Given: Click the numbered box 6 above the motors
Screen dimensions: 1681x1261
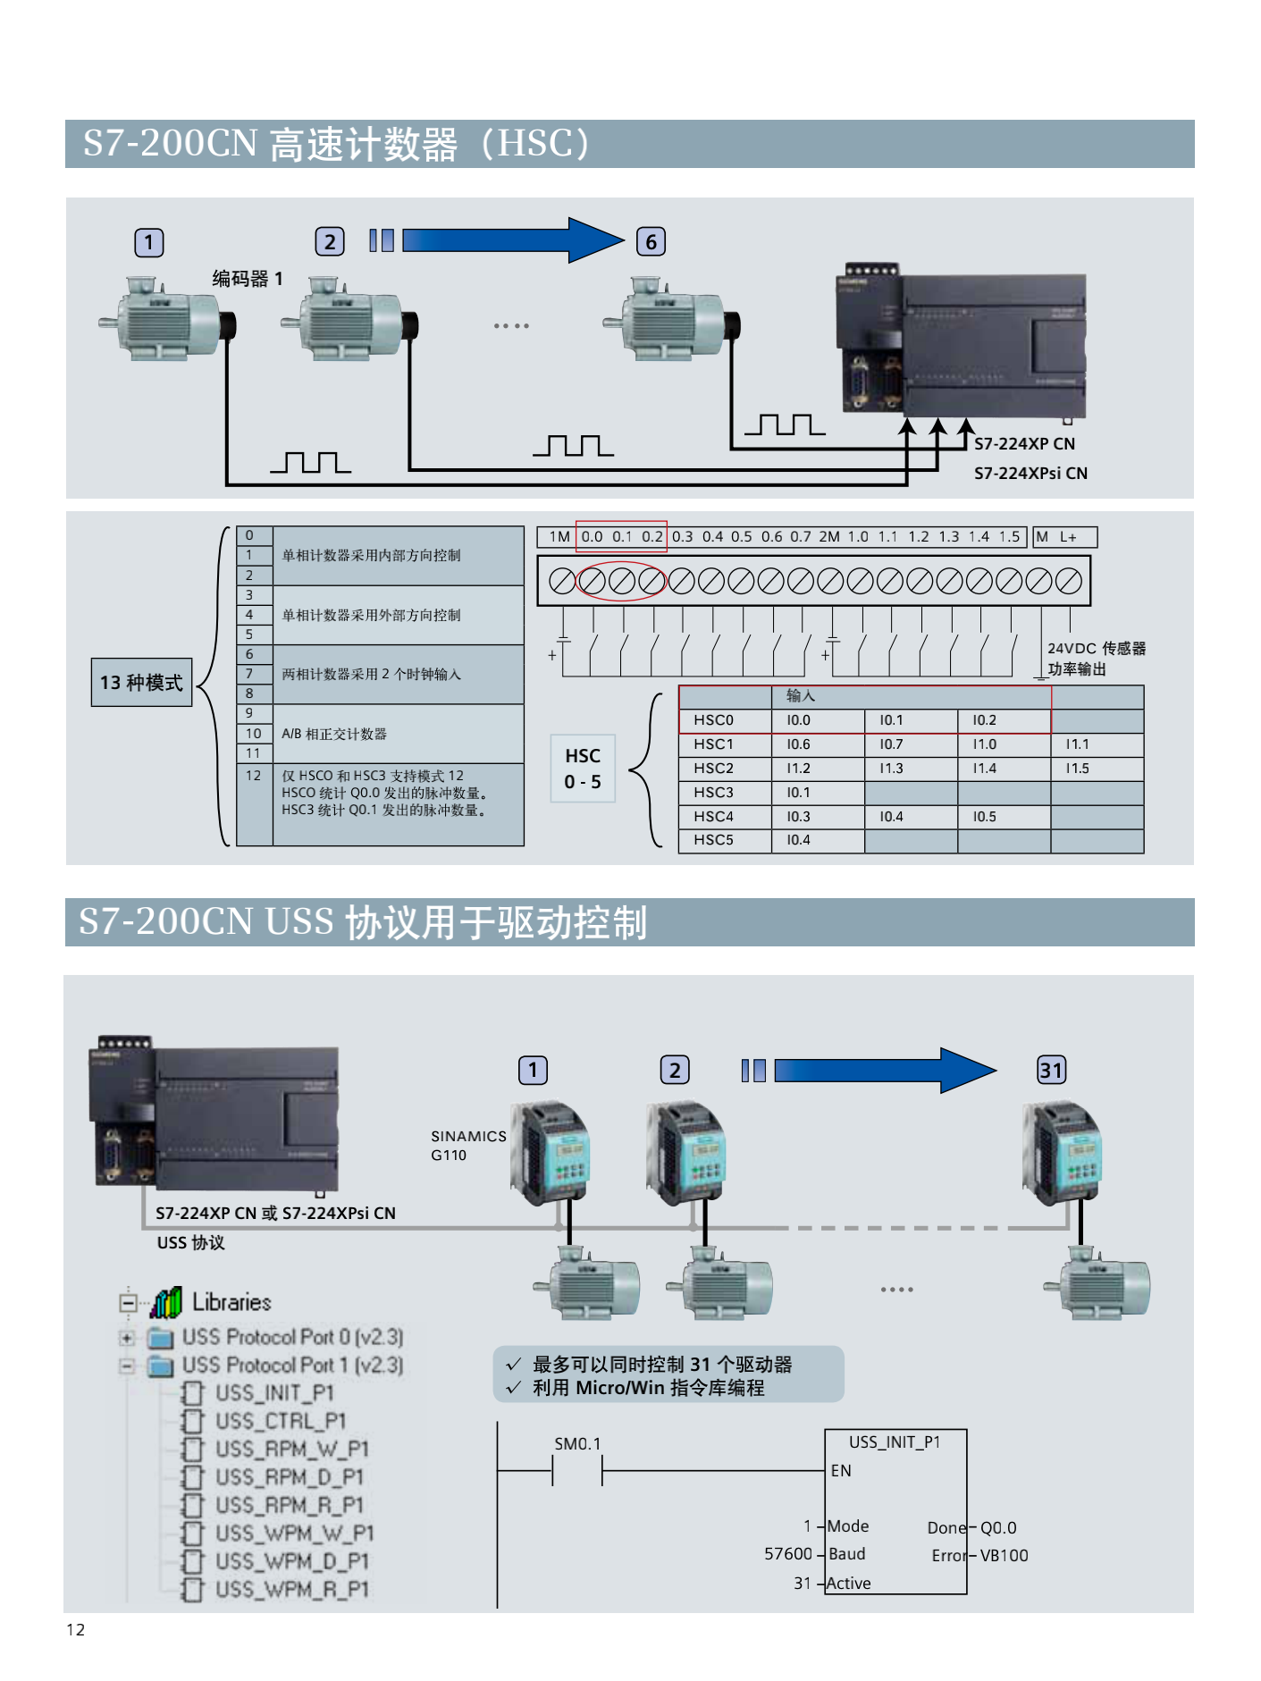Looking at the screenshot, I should (651, 241).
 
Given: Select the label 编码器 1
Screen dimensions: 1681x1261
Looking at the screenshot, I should (248, 279).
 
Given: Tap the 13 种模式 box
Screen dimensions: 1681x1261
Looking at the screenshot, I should (141, 683).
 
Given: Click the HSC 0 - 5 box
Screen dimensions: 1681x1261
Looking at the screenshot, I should (583, 769).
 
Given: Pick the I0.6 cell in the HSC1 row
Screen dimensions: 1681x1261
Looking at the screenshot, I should (799, 744).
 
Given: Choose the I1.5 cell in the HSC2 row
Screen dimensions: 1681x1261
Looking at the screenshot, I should (1077, 769).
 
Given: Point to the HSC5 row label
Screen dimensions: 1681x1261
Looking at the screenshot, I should (713, 840).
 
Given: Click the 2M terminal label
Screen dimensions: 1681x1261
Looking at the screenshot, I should (829, 537).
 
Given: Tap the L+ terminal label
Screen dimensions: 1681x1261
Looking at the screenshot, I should (1069, 537).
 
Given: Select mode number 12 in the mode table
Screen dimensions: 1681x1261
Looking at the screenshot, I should (254, 776).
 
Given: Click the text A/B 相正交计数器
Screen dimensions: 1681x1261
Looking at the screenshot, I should (334, 734).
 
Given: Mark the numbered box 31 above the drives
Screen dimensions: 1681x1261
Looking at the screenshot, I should (1051, 1070).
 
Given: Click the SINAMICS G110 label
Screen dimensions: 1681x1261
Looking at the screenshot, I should (467, 1145).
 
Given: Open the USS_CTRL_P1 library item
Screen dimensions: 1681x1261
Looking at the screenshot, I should (280, 1421).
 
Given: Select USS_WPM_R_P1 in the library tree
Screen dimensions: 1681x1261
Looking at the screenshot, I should (292, 1589).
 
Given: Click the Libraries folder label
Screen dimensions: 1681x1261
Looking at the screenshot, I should (231, 1302).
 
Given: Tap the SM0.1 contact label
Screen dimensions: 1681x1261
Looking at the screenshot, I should (577, 1444).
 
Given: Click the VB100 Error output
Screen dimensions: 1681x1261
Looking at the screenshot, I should (1004, 1556).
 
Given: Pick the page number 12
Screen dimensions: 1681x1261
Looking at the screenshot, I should (76, 1630).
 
